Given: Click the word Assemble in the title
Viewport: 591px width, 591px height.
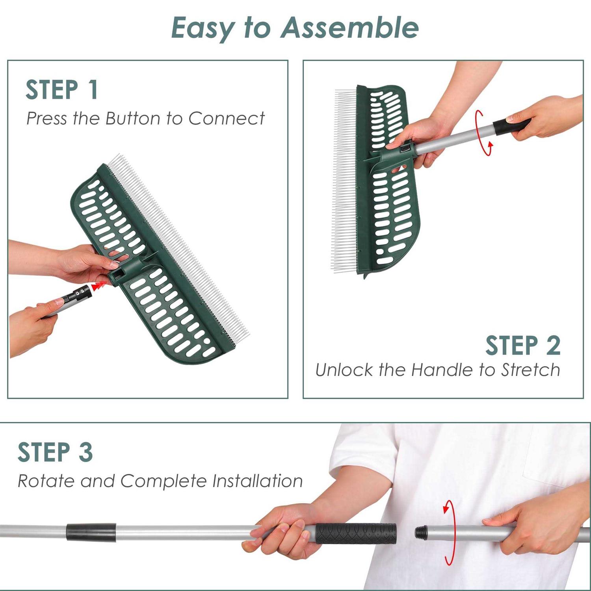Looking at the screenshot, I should click(x=349, y=28).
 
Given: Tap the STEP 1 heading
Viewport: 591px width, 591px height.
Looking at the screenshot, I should click(x=61, y=90).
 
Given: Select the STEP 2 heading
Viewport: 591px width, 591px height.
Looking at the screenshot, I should click(x=522, y=346).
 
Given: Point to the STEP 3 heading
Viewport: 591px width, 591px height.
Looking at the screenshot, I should click(x=55, y=452).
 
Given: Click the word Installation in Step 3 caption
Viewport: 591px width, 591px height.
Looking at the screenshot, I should click(x=257, y=481).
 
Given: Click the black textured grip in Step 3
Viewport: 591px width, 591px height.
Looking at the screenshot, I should click(x=355, y=533).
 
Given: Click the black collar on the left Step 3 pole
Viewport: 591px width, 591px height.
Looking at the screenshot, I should click(x=91, y=532).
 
